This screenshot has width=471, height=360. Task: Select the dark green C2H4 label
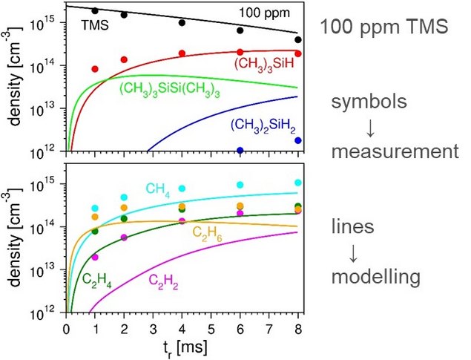92,280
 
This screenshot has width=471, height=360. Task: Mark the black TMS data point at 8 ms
298,40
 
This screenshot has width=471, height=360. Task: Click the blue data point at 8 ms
298,140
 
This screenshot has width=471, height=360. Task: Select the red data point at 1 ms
95,69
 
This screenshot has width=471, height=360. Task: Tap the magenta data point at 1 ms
95,257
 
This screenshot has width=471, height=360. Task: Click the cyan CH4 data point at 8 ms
298,182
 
